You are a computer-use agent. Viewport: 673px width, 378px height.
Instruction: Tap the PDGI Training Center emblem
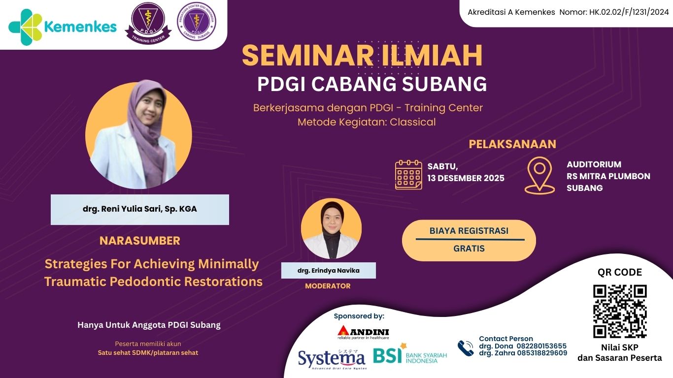[x=148, y=25]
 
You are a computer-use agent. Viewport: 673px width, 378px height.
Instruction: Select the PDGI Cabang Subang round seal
[x=196, y=22]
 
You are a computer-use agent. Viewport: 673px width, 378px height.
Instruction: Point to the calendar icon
[x=408, y=174]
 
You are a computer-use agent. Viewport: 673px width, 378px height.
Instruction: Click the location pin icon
[x=539, y=175]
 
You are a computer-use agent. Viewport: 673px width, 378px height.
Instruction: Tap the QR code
[x=619, y=311]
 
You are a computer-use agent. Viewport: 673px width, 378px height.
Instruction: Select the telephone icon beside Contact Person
[x=465, y=348]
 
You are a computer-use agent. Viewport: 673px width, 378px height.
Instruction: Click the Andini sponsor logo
[x=363, y=333]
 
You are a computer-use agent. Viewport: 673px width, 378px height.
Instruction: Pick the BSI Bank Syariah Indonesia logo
[x=409, y=355]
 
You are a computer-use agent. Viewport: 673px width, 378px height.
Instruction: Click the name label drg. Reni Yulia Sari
[x=139, y=209]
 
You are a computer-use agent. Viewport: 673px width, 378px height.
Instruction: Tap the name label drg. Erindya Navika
[x=328, y=270]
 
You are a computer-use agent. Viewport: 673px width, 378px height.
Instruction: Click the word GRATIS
[x=469, y=249]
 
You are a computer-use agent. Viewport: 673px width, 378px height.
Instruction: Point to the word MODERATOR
[x=328, y=286]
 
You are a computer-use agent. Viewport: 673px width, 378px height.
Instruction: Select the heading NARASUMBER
[x=140, y=241]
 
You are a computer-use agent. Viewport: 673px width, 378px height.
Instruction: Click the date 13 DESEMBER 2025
[x=466, y=178]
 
